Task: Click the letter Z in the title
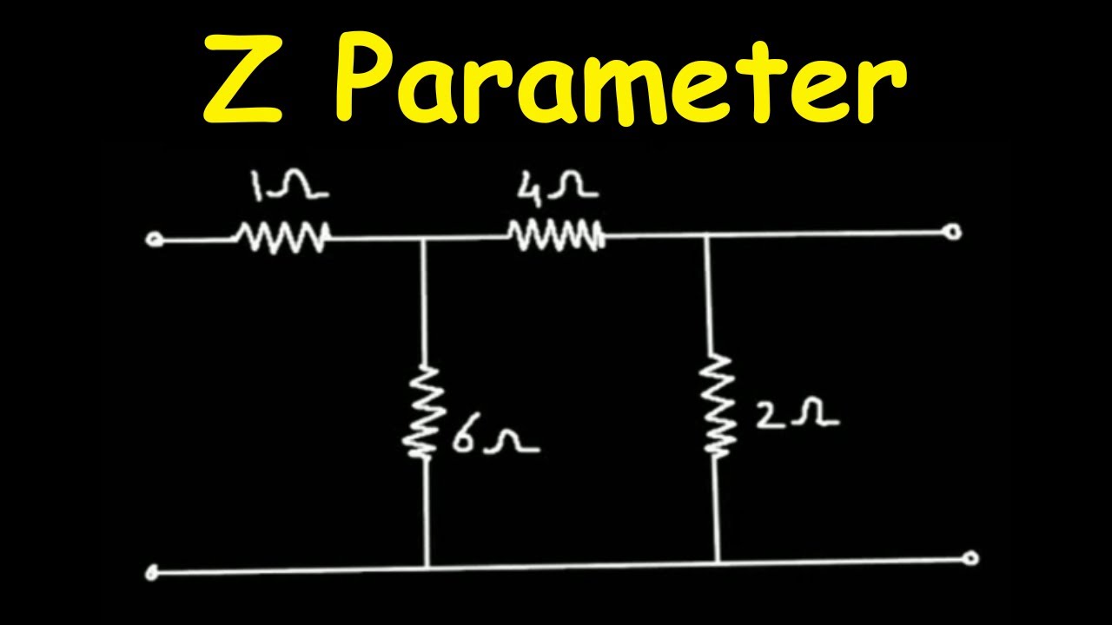tap(243, 79)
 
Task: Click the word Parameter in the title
tap(620, 79)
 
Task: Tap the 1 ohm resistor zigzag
tap(282, 238)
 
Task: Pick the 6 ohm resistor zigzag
tap(423, 412)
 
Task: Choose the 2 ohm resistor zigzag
tap(716, 405)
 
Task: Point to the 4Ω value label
tap(557, 186)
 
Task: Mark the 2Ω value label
tap(798, 412)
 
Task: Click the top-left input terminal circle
tap(153, 240)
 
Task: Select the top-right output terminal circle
tap(953, 232)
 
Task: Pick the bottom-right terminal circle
tap(970, 558)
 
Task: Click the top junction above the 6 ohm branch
tap(422, 240)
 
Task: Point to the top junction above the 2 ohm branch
tap(707, 236)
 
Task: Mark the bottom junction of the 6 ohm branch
tap(427, 567)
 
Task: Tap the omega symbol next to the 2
tap(815, 412)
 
